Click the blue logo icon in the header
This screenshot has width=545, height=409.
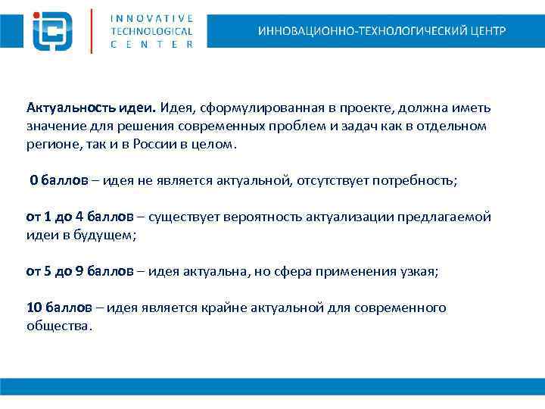coord(52,30)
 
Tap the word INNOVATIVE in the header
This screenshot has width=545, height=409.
coord(151,17)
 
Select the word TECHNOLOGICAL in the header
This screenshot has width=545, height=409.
coord(151,31)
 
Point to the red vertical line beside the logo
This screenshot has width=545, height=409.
coord(92,30)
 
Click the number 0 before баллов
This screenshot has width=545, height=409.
coord(33,180)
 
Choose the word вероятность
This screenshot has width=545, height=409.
coord(262,217)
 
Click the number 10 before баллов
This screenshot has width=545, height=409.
coord(34,308)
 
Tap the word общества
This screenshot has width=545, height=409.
coord(58,326)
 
